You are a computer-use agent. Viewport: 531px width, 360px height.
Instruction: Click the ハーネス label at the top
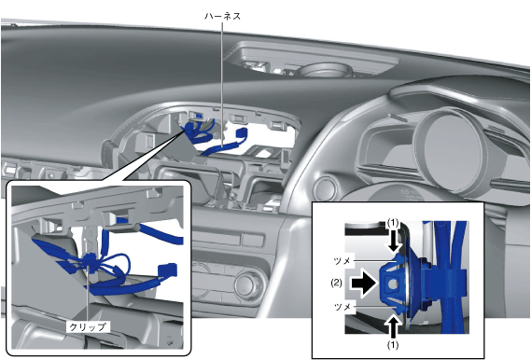click(222, 16)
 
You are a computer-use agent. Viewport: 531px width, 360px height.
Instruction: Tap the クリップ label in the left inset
click(88, 326)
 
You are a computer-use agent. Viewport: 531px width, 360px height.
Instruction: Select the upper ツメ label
click(342, 261)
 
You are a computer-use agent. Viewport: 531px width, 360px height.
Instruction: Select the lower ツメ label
click(342, 307)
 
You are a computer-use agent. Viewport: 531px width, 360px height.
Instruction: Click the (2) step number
click(336, 283)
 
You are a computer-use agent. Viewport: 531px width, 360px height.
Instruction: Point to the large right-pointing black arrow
click(364, 283)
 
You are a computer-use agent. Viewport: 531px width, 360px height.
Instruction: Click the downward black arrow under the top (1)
click(394, 242)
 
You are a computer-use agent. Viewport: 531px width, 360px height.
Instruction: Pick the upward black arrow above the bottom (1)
click(394, 324)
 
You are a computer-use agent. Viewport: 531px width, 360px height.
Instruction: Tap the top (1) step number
click(393, 223)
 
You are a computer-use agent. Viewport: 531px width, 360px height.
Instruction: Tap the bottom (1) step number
click(393, 345)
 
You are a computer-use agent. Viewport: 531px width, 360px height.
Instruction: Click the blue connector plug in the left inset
click(168, 270)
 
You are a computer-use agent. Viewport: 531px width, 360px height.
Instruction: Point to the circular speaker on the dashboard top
click(324, 70)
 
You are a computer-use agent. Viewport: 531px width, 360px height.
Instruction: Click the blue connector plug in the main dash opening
click(241, 132)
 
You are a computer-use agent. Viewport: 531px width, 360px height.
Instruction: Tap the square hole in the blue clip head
click(392, 284)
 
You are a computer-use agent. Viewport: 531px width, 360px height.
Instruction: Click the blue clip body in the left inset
click(91, 261)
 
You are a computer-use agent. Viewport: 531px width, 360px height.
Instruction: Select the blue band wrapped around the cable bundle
click(444, 282)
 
